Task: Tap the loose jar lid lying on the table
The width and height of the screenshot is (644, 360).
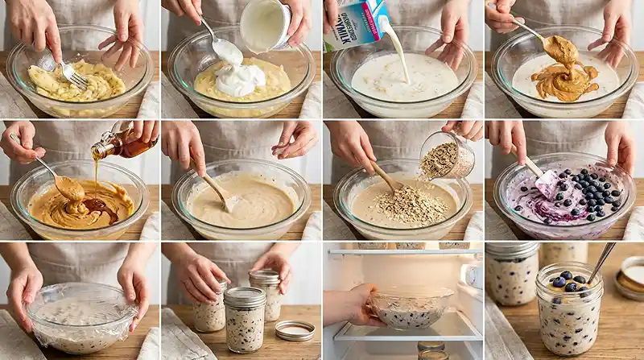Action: point(295,330)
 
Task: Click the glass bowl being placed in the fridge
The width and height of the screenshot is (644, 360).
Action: point(411,308)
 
